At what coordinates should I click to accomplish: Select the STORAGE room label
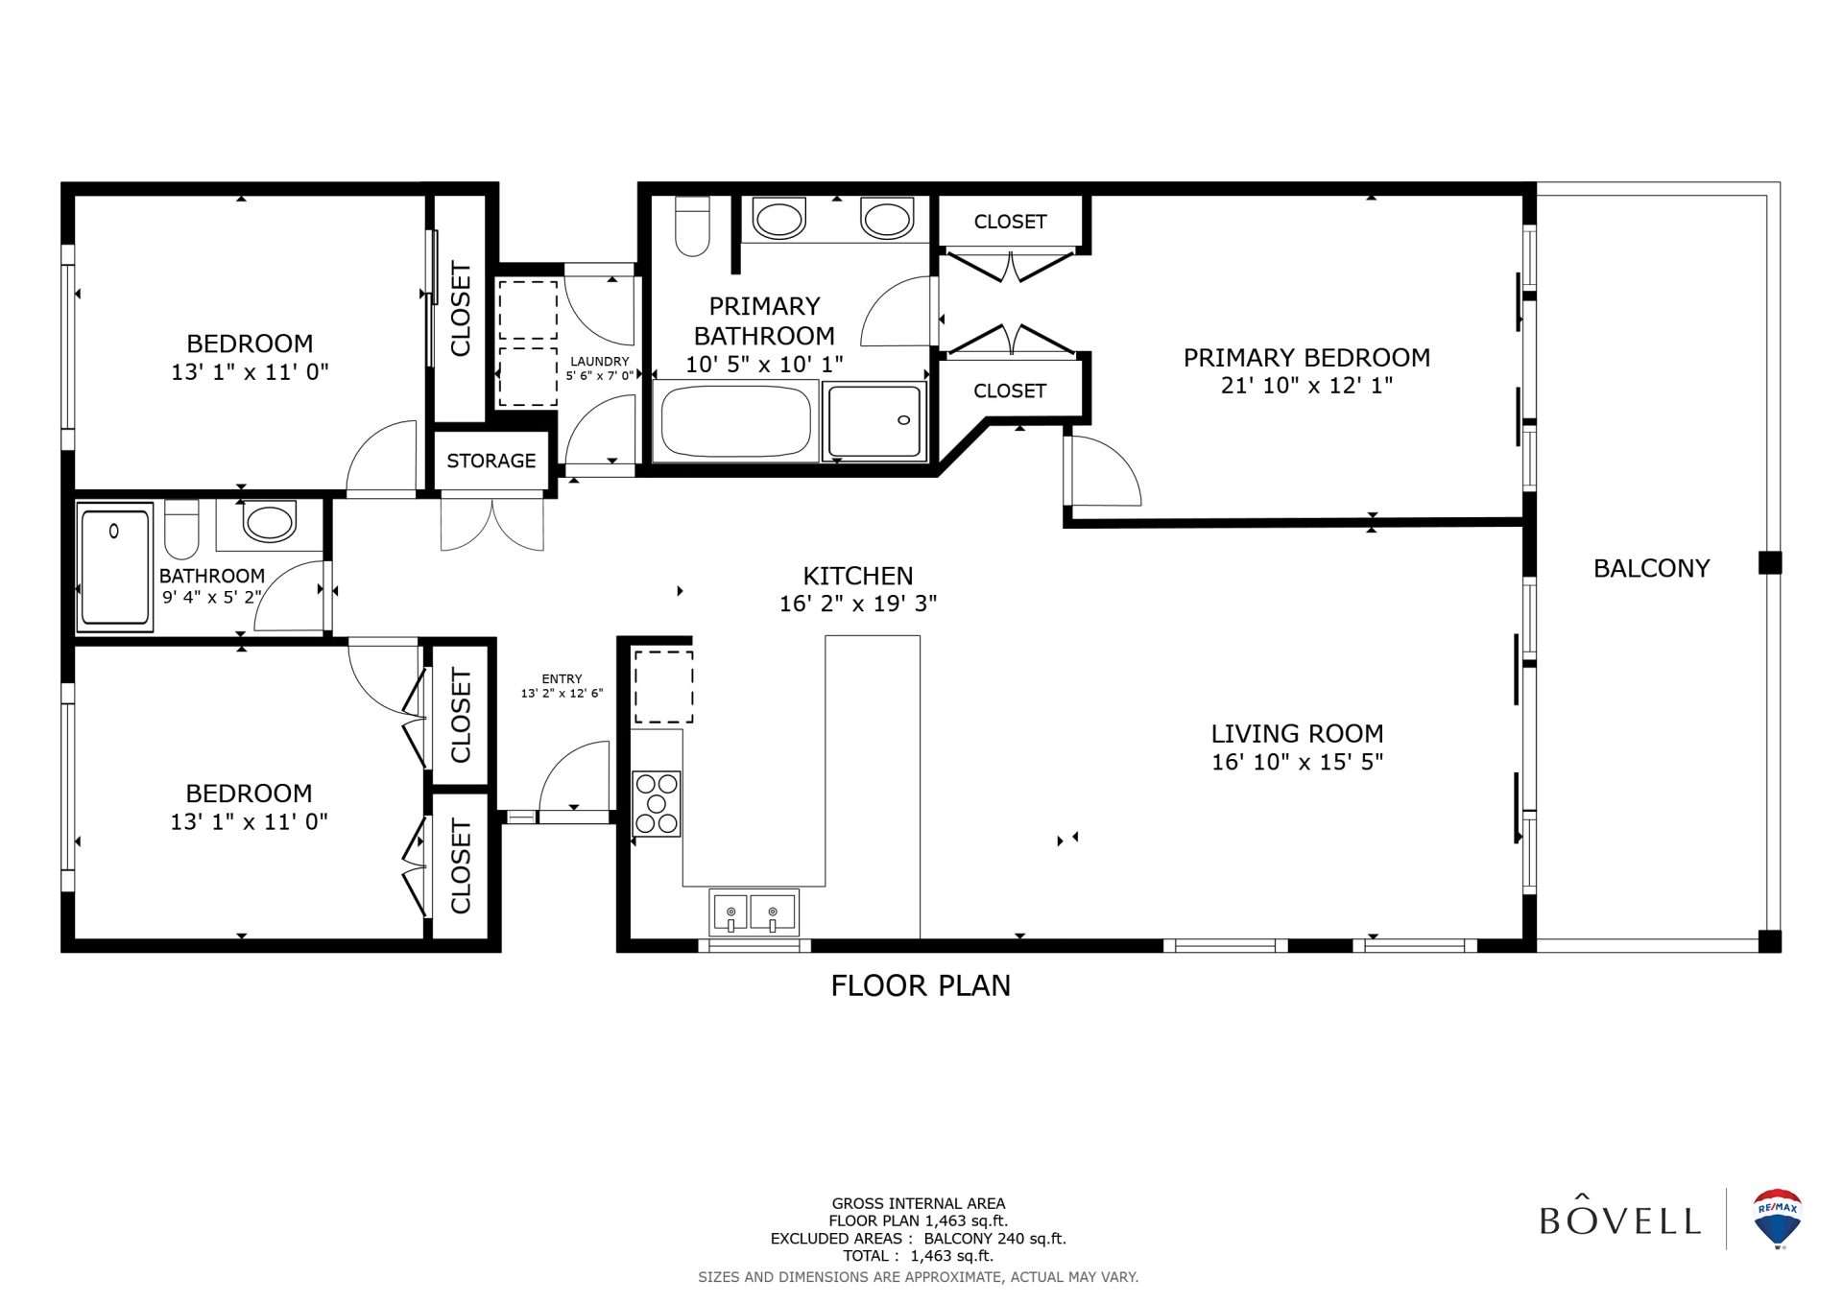point(491,462)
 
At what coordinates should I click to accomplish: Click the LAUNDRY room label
point(600,362)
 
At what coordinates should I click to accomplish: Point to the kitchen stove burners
point(657,803)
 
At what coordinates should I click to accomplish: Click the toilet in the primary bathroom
point(692,226)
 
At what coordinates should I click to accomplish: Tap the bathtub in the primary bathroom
point(735,421)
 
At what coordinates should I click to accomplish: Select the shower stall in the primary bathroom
point(874,421)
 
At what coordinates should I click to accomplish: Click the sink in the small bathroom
point(270,524)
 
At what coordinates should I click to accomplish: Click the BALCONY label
point(1652,569)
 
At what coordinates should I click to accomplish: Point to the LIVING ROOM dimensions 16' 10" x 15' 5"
point(1297,762)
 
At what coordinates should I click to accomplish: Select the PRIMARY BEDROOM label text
point(1306,358)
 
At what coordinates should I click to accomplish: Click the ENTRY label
point(562,678)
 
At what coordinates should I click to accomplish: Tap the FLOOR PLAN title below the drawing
point(921,986)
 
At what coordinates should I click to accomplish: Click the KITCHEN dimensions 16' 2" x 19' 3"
point(858,604)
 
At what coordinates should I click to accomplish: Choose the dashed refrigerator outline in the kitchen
point(663,687)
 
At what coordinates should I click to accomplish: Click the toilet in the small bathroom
point(181,529)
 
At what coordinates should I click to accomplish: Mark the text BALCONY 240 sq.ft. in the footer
point(995,1239)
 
